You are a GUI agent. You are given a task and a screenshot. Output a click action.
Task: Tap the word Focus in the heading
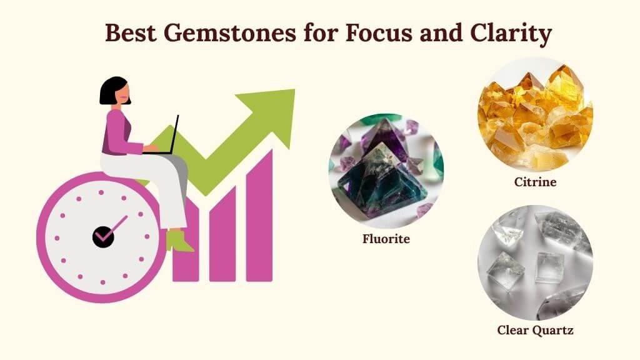[379, 32]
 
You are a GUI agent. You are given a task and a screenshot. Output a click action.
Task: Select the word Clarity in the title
[511, 34]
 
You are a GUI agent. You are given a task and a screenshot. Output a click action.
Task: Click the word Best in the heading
[131, 32]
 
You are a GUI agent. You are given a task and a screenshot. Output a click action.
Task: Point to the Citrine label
[535, 182]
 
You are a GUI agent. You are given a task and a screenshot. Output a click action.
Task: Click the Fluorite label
[386, 238]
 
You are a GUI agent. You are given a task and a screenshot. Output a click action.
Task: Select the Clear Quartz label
[535, 330]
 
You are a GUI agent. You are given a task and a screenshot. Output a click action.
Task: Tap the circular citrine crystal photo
[535, 114]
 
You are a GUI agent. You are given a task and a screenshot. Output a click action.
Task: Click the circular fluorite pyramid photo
[386, 171]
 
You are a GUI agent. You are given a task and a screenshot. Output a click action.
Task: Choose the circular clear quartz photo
[535, 262]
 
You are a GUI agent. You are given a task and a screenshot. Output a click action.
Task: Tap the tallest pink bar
[259, 216]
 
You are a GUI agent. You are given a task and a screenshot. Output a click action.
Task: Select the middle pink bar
[222, 234]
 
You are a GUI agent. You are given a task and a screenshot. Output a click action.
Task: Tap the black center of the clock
[103, 237]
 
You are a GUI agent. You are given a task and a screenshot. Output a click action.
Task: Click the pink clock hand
[115, 227]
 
